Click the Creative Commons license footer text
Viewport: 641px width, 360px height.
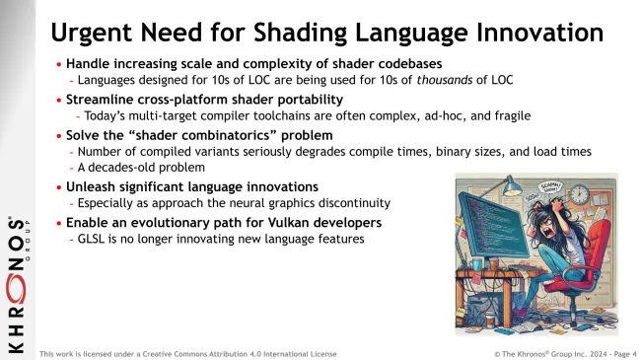(x=187, y=353)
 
